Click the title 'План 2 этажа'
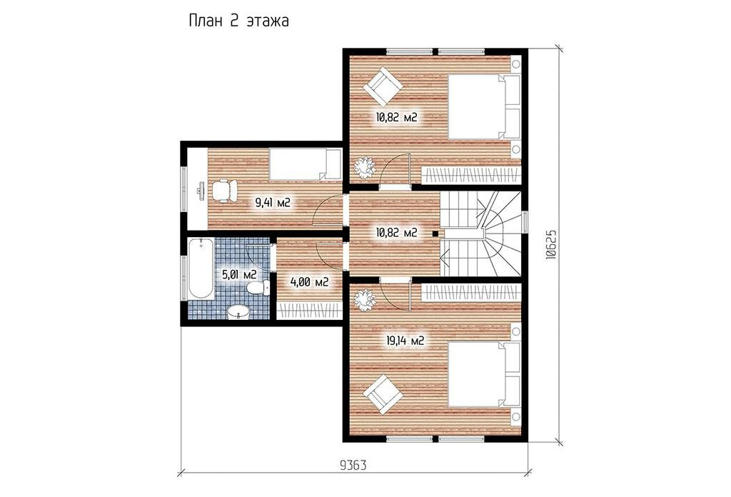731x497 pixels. pos(238,21)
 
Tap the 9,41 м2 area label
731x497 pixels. pos(273,203)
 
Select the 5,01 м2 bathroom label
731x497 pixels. pos(240,274)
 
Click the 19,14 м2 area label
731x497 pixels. pos(405,341)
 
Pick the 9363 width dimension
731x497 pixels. pos(353,466)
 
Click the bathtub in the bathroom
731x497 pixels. pos(201,269)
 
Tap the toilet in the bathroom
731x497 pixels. pos(258,288)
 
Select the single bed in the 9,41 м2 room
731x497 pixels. pos(306,164)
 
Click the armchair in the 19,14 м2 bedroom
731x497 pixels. pos(384,394)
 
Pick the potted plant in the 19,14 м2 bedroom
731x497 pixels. pos(364,300)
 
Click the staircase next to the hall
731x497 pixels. pos(480,234)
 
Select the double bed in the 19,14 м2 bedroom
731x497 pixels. pos(485,376)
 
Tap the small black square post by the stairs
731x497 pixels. pos(435,234)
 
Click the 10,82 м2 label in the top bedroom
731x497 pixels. pos(396,118)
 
